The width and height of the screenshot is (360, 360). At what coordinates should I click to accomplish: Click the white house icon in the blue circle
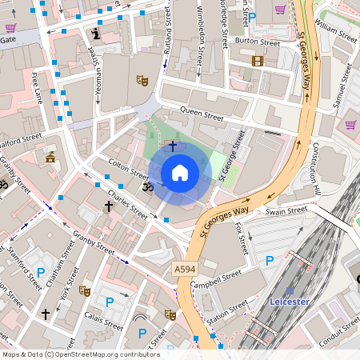point(180,172)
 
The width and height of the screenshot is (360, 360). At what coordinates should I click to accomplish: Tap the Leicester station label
point(290,302)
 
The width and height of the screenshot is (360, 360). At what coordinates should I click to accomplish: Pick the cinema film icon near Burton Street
point(257,60)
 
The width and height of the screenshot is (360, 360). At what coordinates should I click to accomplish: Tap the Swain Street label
point(286,212)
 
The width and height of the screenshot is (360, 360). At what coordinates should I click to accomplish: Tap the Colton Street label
point(128,169)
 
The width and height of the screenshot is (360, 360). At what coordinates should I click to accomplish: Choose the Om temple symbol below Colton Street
point(146,186)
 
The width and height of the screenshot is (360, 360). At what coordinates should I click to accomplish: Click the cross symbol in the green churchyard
point(173,146)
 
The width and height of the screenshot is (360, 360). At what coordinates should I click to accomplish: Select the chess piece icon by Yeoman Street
point(97,34)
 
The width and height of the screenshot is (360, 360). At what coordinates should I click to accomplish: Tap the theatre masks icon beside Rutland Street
point(142,80)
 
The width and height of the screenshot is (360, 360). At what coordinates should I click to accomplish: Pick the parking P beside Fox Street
point(270,260)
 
